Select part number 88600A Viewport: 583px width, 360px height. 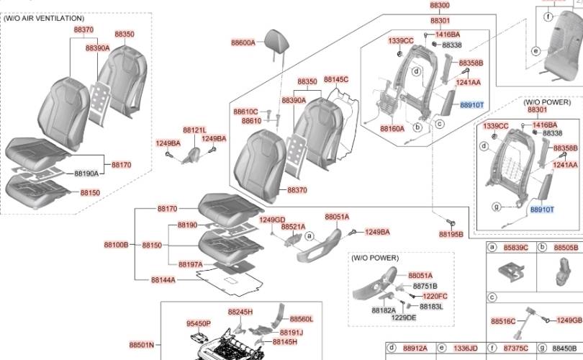243,43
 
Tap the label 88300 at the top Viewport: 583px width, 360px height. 440,5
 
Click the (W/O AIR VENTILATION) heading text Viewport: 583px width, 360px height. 44,18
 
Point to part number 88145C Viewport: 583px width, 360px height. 336,79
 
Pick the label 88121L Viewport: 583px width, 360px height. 194,130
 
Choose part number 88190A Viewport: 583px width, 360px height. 86,174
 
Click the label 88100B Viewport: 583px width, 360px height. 116,245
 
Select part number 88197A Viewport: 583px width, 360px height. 191,264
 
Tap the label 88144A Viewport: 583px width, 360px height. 163,279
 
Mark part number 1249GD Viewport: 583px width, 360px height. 272,220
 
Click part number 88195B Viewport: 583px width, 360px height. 451,234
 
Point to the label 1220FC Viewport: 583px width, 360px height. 435,296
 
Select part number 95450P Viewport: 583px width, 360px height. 199,324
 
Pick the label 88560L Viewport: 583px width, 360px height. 302,319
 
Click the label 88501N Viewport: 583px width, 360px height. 142,345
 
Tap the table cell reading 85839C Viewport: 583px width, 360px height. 515,248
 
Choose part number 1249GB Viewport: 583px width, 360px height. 569,320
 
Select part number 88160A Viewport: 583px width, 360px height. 392,129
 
